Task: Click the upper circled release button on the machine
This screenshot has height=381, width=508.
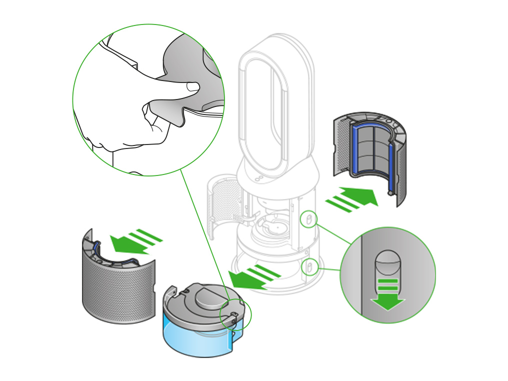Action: [308, 219]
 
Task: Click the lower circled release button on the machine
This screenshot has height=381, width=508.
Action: [308, 266]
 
